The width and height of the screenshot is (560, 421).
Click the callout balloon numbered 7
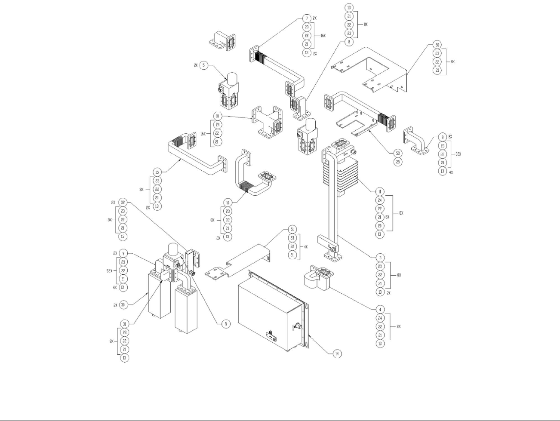(307, 18)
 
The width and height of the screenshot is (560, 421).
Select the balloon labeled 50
(437, 45)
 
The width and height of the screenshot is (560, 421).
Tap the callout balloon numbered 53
(398, 153)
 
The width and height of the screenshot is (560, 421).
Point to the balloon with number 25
(398, 162)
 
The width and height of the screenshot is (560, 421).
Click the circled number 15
(157, 172)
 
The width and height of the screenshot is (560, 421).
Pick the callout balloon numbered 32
(123, 202)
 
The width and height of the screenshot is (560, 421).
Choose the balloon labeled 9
(123, 253)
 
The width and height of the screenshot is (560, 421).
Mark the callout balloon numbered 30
(123, 305)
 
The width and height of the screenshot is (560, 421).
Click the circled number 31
(124, 324)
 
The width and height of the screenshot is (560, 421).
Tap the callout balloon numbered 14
(338, 353)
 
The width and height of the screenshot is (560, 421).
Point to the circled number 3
(380, 258)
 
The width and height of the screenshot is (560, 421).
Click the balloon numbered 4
(380, 309)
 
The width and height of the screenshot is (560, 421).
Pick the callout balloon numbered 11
(380, 191)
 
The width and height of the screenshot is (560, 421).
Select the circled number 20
(380, 226)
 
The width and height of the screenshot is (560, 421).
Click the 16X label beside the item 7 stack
(322, 35)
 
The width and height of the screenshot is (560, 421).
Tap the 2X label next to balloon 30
(115, 305)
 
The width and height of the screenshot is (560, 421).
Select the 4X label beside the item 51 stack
(305, 246)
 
